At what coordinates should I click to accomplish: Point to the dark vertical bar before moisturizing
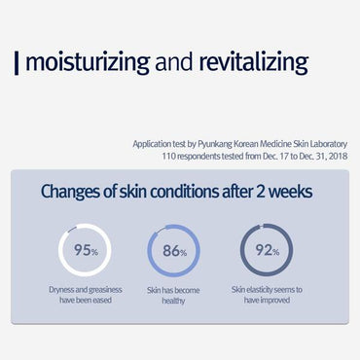coord(17,64)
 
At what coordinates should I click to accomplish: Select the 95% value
coord(86,250)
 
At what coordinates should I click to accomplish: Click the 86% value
coord(174,251)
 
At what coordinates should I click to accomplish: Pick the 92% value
coord(266,251)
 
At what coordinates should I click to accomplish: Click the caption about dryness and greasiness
coord(86,294)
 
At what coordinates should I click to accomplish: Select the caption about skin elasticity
coord(267,294)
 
